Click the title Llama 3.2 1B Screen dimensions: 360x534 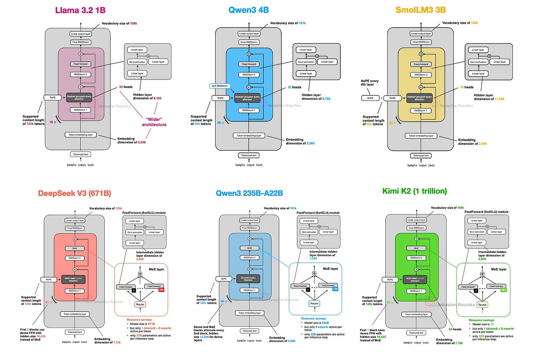[80, 10]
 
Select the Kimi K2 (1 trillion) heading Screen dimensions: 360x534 [414, 191]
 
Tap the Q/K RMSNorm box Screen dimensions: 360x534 [220, 86]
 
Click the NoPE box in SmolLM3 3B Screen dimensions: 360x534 [370, 98]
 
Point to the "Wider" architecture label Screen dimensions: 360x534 [154, 122]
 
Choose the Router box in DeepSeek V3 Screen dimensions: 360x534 [140, 304]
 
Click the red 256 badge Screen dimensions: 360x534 [161, 290]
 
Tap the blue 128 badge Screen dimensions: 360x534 [335, 289]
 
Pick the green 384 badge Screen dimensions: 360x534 [503, 290]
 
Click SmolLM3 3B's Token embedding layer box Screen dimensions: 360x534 [421, 136]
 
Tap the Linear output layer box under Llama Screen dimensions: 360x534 [81, 34]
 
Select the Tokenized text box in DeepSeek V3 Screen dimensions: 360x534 [75, 332]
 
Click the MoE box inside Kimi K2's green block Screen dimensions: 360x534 [416, 248]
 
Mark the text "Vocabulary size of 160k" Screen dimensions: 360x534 [447, 208]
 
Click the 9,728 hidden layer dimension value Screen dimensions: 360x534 [326, 99]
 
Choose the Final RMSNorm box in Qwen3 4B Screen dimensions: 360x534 [249, 42]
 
